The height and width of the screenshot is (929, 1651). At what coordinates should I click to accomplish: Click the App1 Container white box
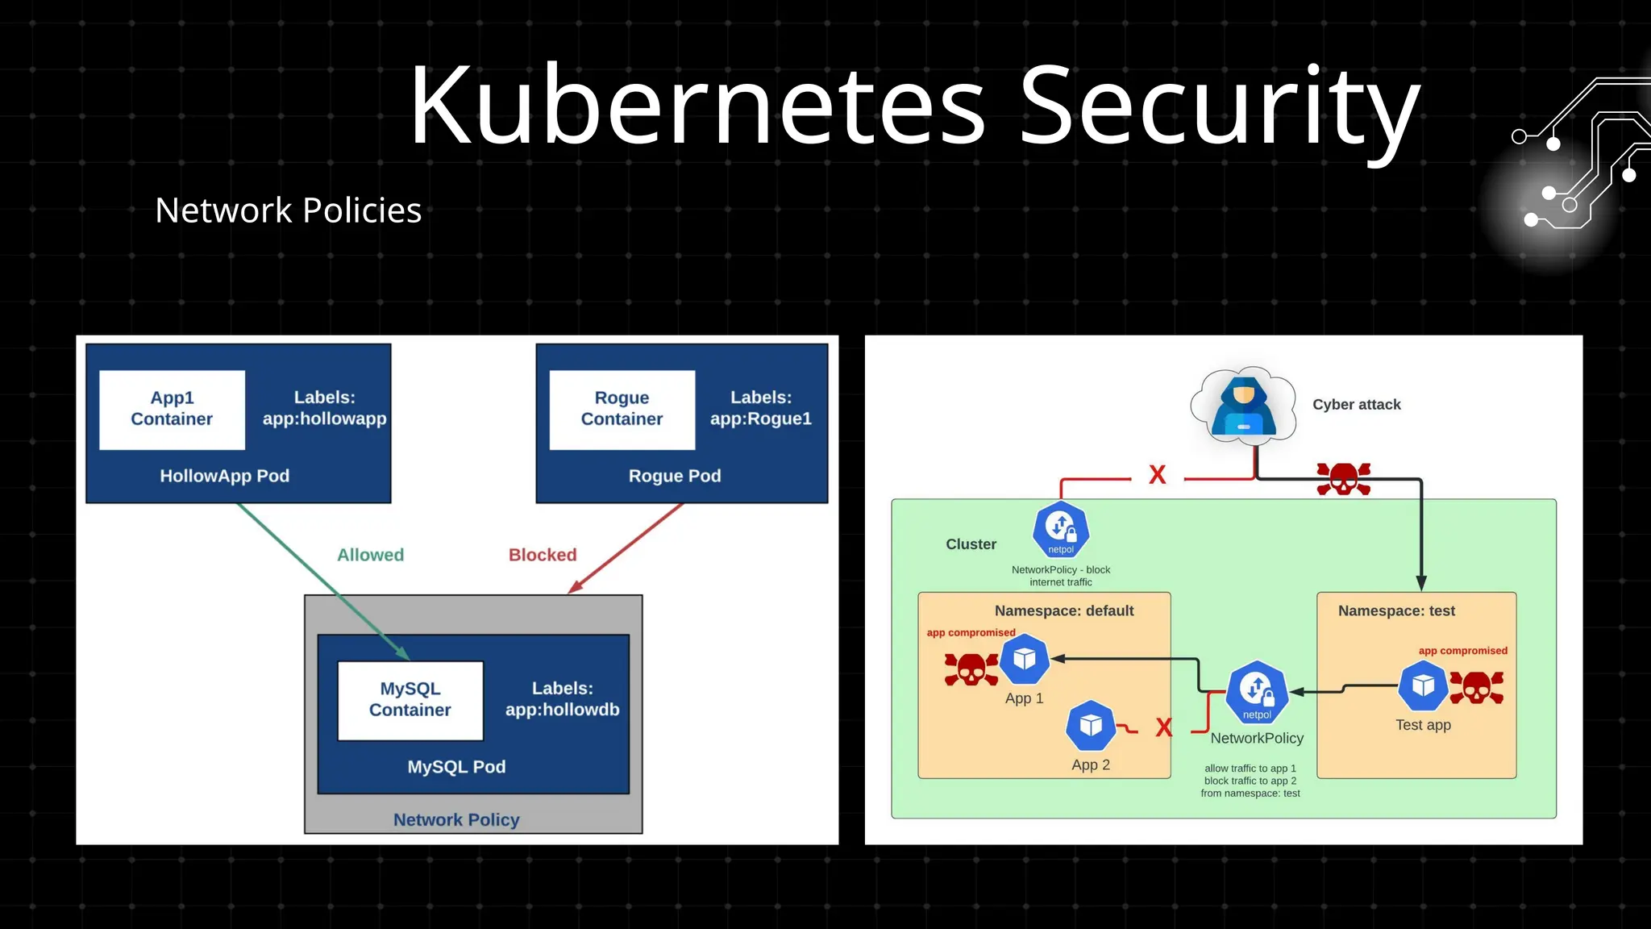172,410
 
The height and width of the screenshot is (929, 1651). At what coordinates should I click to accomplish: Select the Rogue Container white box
622,410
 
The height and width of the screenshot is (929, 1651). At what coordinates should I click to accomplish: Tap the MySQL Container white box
410,700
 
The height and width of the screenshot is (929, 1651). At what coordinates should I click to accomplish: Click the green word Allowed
370,555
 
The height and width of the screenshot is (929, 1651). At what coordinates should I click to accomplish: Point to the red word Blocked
543,555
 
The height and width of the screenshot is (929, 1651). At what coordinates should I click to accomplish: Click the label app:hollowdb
562,710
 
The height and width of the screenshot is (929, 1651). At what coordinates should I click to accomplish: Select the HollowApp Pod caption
224,476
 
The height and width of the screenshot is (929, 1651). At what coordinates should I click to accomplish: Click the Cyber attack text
1356,405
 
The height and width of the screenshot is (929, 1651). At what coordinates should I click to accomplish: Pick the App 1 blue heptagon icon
1024,660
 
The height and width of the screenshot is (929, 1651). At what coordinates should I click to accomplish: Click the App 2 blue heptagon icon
1090,726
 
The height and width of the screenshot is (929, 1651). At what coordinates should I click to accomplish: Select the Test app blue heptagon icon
1423,685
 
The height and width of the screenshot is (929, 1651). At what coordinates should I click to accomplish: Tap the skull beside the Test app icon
1476,688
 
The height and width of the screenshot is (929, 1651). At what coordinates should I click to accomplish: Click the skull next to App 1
971,669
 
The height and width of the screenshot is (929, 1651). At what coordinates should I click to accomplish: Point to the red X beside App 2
1163,727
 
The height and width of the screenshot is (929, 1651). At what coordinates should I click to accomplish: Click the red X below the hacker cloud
1157,475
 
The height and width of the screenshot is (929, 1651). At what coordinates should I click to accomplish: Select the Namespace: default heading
1063,611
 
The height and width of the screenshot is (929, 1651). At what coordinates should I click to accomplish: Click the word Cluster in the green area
971,544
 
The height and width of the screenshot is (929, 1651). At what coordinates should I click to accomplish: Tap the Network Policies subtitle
288,210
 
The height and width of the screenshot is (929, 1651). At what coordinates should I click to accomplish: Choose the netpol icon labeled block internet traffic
1061,530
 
